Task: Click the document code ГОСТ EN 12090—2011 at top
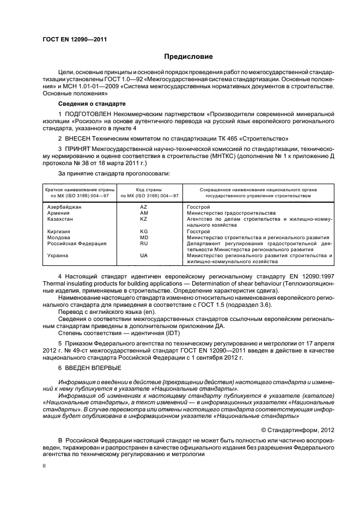[70, 40]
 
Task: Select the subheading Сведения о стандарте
[91, 104]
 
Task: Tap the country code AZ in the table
[144, 208]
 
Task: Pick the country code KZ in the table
[144, 218]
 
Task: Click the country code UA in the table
[144, 255]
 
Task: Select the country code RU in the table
[144, 244]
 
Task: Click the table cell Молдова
[59, 238]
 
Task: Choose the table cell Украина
[58, 255]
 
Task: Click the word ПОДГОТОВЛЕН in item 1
[89, 113]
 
